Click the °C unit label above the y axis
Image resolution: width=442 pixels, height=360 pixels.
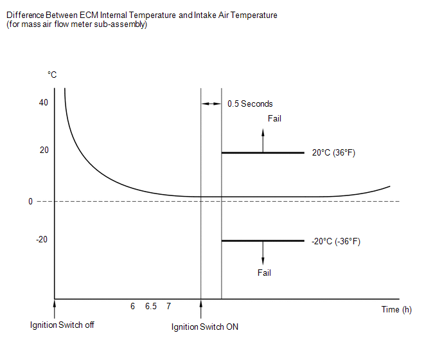click(52, 75)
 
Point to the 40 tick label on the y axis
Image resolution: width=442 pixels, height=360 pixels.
click(44, 103)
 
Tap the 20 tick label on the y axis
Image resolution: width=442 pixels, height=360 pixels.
click(44, 150)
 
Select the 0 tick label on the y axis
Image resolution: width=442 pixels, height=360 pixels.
click(30, 201)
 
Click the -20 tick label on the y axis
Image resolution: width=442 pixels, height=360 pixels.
click(42, 240)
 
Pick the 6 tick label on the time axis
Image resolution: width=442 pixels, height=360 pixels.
click(132, 307)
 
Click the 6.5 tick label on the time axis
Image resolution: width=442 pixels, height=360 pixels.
click(151, 307)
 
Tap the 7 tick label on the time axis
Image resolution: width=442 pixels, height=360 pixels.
click(168, 307)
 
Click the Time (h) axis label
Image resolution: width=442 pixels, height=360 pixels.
click(396, 309)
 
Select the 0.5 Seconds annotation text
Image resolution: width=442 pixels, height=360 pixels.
click(250, 104)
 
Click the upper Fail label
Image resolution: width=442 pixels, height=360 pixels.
click(274, 118)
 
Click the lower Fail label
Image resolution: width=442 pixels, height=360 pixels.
click(264, 273)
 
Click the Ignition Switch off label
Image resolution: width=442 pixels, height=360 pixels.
click(62, 325)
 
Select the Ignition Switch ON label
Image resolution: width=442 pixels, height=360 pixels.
click(205, 327)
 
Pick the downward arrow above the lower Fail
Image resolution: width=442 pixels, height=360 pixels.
click(263, 253)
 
